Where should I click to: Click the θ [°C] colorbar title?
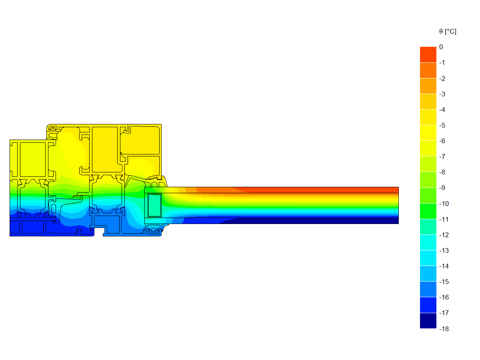point(448,32)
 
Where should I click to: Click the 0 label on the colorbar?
point(441,47)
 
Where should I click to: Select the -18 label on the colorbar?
point(444,329)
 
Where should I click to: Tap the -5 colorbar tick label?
point(442,126)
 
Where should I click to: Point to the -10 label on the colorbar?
point(444,204)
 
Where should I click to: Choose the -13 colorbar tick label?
point(444,251)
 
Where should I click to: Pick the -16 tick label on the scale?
point(444,298)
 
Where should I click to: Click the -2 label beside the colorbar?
point(442,78)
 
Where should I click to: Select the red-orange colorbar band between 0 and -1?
point(428,55)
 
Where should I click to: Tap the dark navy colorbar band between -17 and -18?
point(428,321)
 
